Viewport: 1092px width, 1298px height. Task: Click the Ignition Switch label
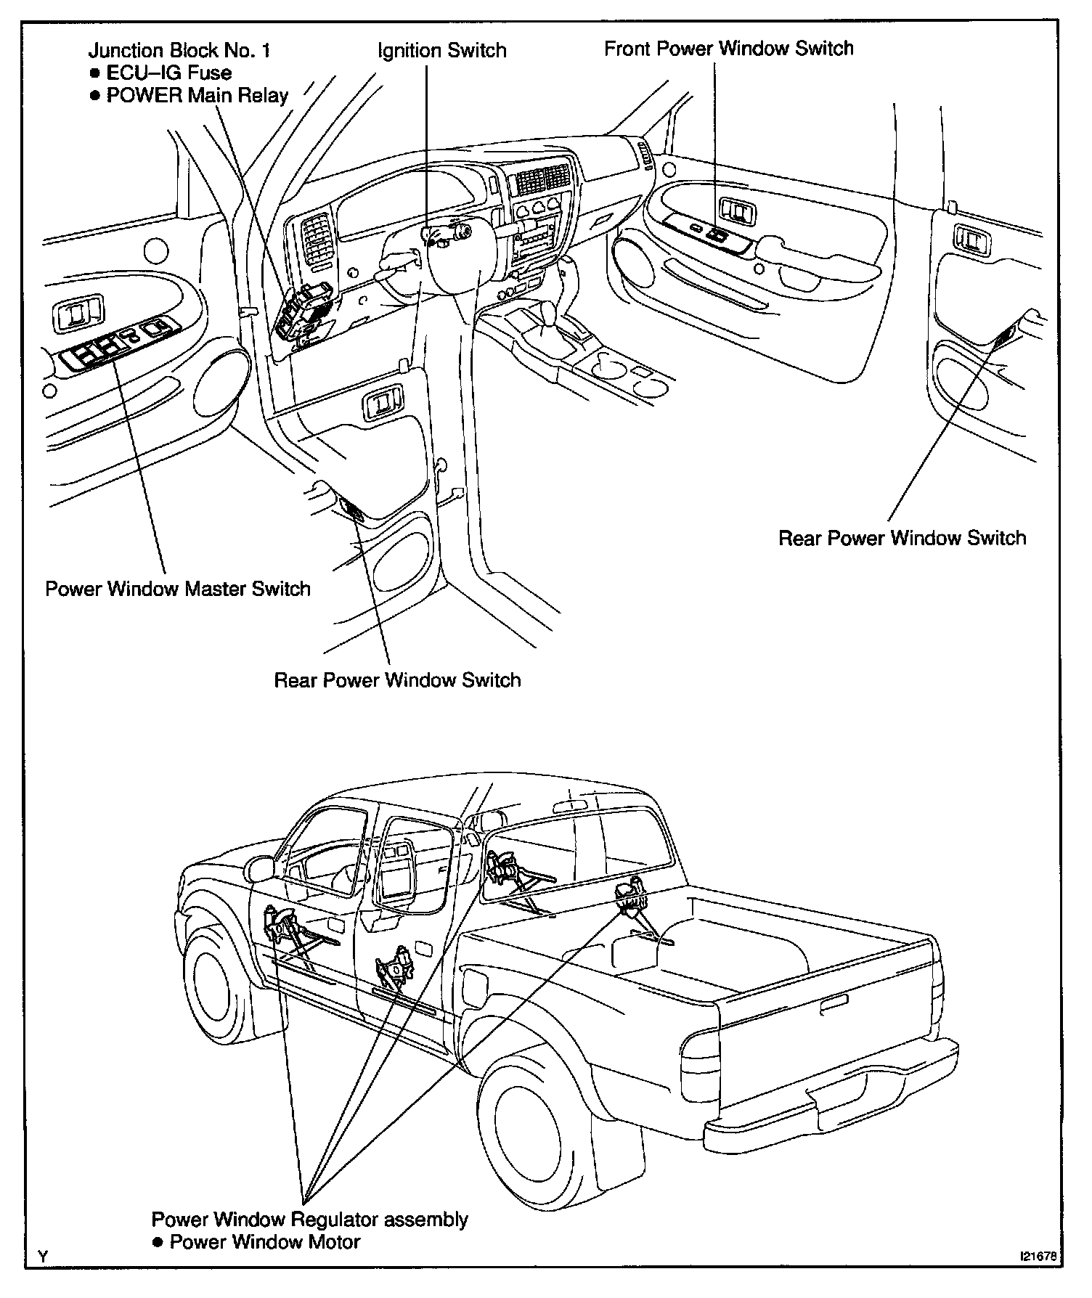(441, 50)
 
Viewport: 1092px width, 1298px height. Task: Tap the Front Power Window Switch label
(728, 49)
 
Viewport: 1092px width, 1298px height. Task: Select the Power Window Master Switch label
(178, 588)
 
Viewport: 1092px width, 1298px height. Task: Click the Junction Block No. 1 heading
(179, 50)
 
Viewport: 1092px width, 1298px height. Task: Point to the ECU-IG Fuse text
(168, 73)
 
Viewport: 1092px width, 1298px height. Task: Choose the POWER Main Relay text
(197, 95)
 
